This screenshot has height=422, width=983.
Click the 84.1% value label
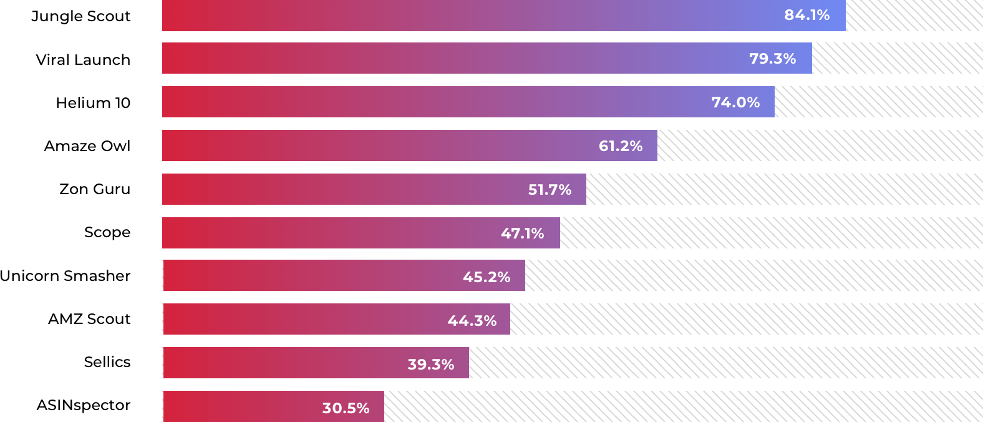(806, 15)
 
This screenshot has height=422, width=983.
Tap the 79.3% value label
(772, 59)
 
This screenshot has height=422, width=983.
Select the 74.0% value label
(735, 102)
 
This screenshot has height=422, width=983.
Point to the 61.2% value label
(620, 146)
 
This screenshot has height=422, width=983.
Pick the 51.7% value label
(550, 190)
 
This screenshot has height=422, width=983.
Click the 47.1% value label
(522, 233)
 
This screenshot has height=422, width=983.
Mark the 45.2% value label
(486, 277)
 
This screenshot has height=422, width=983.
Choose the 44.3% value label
(472, 321)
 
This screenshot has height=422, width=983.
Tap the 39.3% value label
(430, 365)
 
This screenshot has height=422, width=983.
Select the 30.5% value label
(346, 408)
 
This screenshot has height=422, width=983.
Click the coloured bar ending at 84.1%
(437, 15)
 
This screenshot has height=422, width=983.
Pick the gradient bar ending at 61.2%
(374, 146)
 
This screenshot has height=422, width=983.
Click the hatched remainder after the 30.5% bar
(683, 407)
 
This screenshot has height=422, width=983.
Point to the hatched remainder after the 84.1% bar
(914, 15)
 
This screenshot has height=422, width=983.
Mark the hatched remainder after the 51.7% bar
(784, 189)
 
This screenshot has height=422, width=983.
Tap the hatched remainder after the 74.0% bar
(878, 102)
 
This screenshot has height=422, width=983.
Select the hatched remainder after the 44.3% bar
(746, 320)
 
